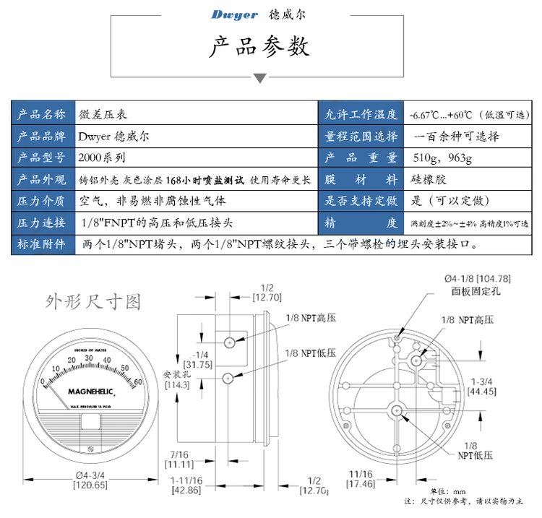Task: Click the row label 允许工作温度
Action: click(361, 114)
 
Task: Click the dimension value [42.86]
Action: click(186, 489)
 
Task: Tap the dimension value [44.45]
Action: click(482, 391)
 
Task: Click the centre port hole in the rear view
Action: click(397, 410)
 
